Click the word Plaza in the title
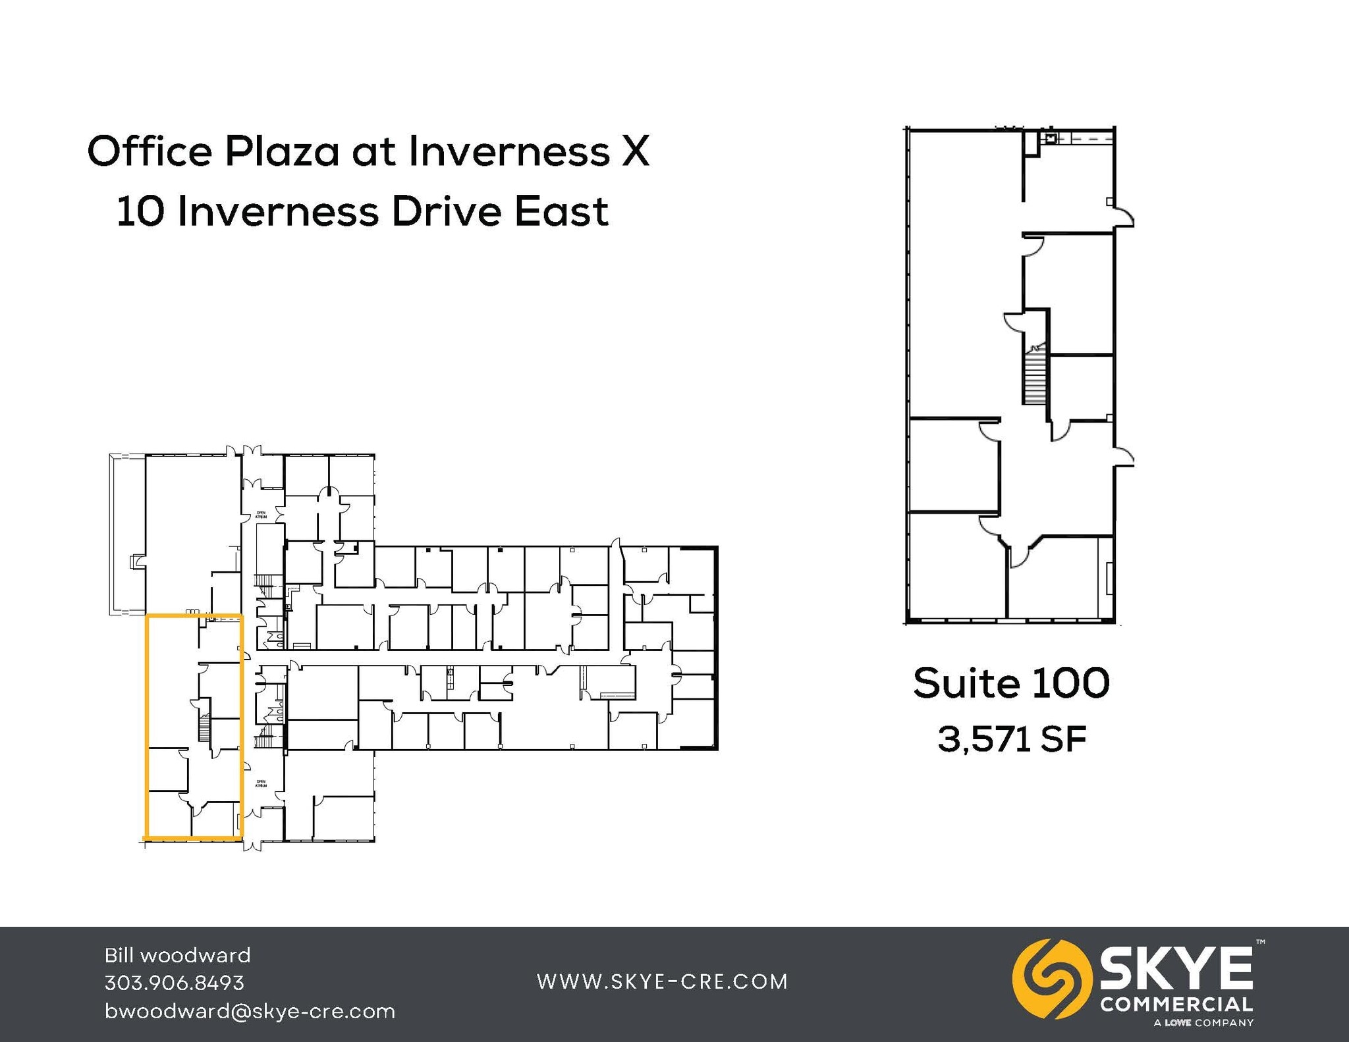tap(282, 151)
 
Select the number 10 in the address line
tap(140, 212)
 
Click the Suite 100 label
tap(1011, 683)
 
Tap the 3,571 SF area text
tap(1011, 739)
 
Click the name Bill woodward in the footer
tap(178, 955)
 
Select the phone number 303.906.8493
tap(175, 983)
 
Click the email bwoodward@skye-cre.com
tap(250, 1011)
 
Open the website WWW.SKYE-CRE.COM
tap(663, 981)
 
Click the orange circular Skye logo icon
tap(1047, 978)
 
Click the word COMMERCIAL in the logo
tap(1176, 1004)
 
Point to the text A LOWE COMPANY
tap(1203, 1023)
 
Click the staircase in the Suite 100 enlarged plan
tap(1034, 376)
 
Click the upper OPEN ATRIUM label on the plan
tap(262, 515)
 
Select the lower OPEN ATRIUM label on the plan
tap(262, 783)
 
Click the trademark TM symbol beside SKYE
tap(1260, 943)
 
